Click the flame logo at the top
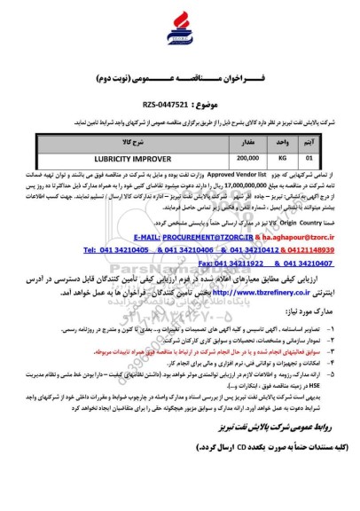pos(179,28)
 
